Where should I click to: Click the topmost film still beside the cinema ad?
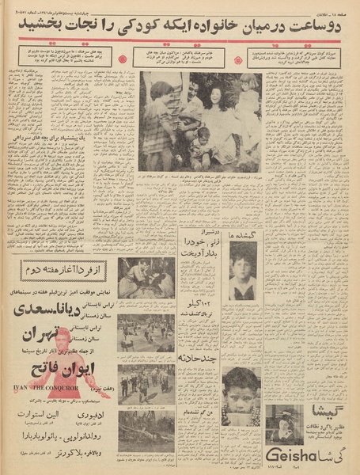click(146, 278)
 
